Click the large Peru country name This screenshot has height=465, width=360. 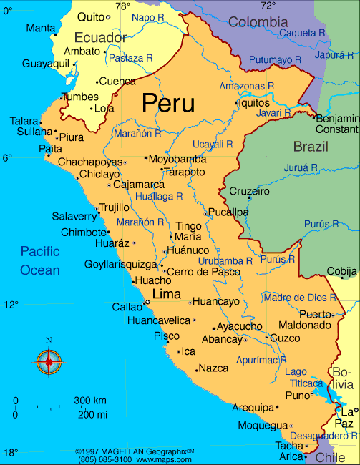(x=168, y=103)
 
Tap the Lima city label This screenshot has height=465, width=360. (x=167, y=294)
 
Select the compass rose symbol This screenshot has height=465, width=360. (x=49, y=361)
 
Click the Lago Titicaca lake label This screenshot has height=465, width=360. (x=306, y=377)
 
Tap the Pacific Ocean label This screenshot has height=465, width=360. (x=40, y=260)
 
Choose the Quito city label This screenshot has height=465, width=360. (x=91, y=16)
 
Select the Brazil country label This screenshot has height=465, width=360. (x=311, y=147)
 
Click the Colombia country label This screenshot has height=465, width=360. (x=258, y=22)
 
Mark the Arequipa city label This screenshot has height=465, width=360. (x=254, y=408)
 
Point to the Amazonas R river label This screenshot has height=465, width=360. (x=247, y=86)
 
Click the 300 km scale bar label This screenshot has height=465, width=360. (x=90, y=400)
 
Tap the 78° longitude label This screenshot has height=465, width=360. (x=123, y=6)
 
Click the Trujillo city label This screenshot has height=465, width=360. (x=115, y=207)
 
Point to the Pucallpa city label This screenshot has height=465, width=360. (x=229, y=212)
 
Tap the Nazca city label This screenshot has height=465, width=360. (x=214, y=368)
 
